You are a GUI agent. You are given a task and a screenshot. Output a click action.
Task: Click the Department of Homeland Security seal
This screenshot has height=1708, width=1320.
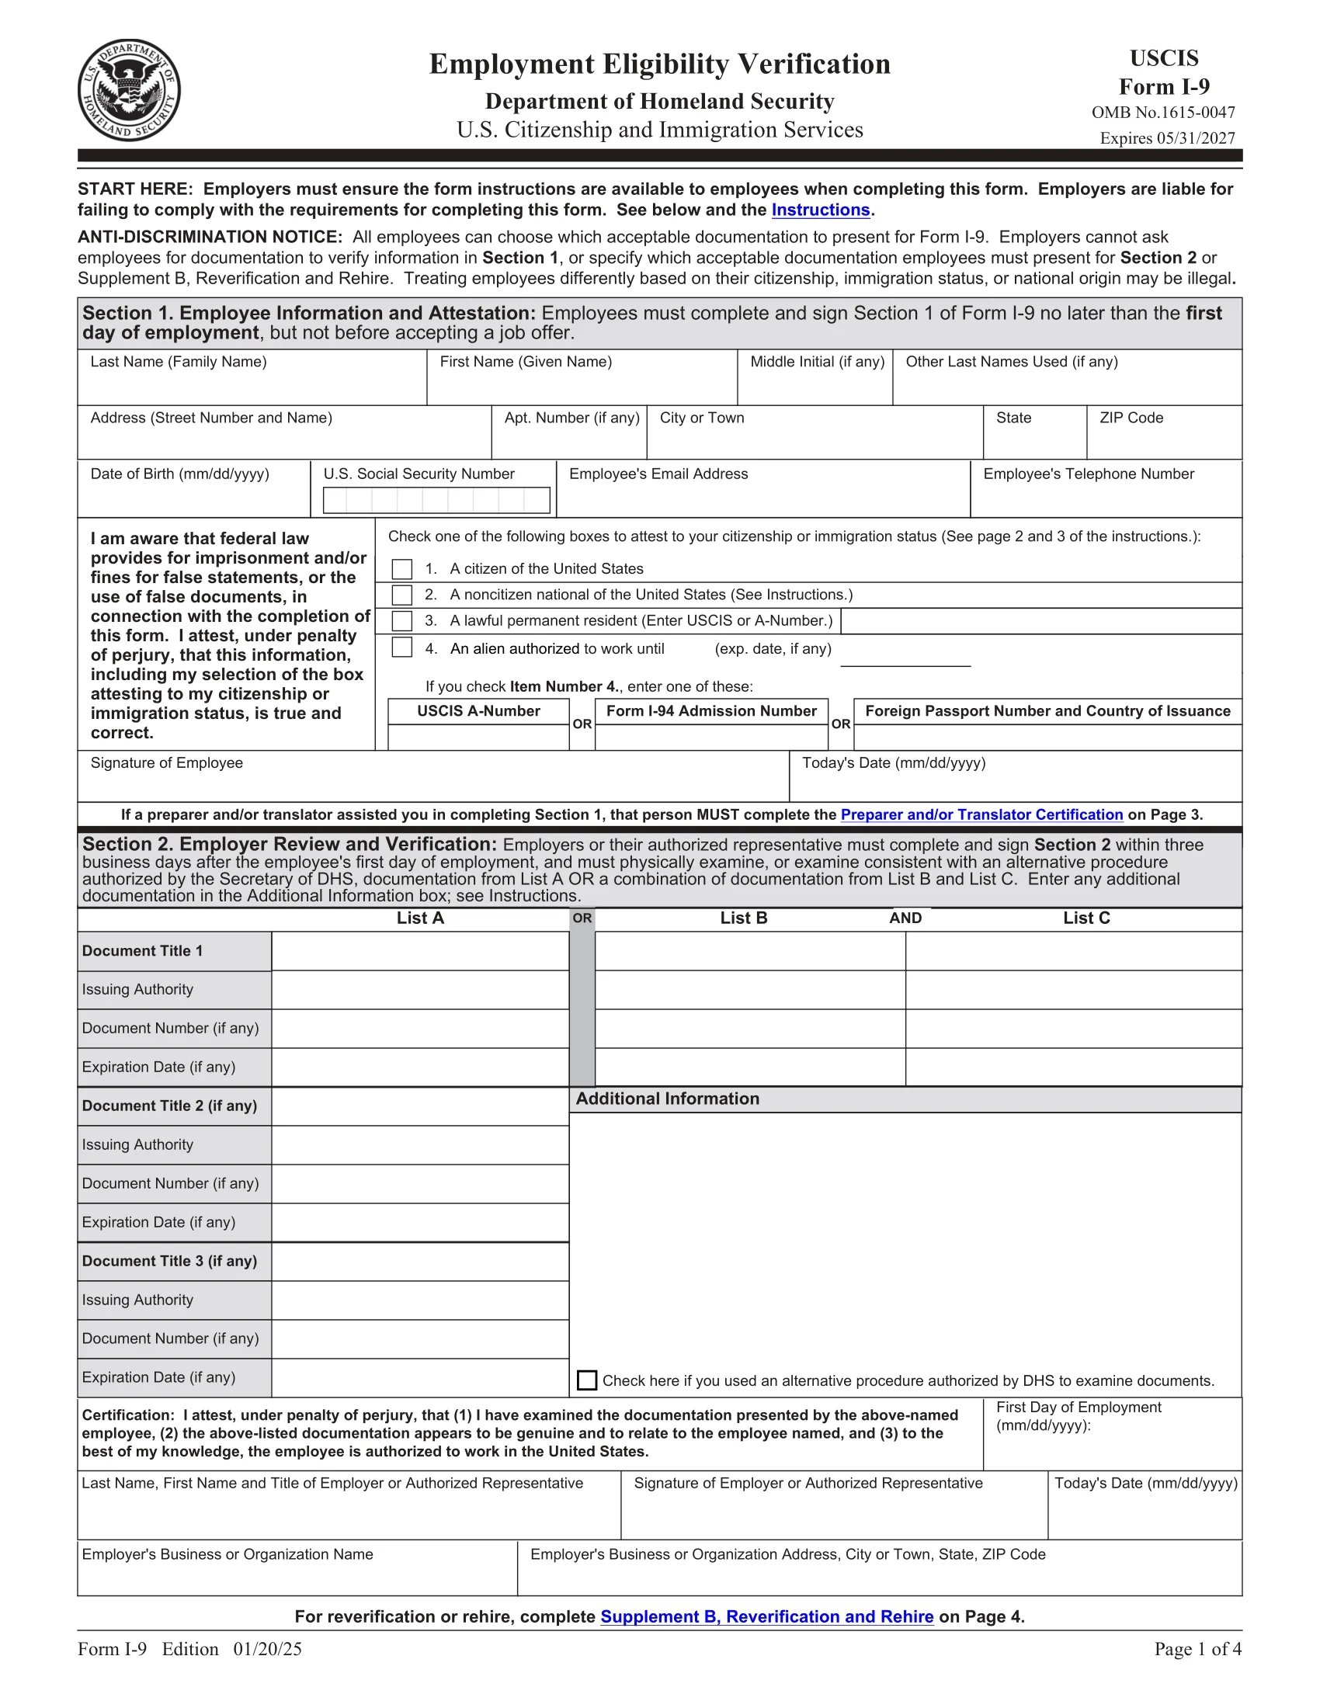coord(129,90)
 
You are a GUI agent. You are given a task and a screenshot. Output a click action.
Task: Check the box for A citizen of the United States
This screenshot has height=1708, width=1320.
coord(402,568)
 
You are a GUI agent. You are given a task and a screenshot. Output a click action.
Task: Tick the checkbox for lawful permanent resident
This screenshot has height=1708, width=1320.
coord(402,621)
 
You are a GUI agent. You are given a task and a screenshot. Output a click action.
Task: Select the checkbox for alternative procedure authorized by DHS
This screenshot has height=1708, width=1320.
coord(586,1380)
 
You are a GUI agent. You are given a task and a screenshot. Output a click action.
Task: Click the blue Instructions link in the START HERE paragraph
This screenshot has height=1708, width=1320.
coord(820,210)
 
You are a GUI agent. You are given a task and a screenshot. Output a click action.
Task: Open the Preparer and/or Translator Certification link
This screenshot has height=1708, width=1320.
coord(981,815)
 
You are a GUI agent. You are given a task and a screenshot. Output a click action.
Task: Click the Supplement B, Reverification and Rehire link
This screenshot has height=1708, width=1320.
coord(766,1616)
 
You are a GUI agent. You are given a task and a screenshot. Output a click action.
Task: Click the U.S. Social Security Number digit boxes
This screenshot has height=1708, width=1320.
coord(436,501)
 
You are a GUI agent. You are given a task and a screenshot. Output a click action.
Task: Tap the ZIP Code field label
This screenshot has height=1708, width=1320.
coord(1131,418)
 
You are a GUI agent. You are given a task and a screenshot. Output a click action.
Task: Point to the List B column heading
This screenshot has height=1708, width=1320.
coord(744,918)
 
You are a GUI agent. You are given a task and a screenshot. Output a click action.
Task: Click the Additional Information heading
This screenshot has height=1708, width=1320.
coord(667,1099)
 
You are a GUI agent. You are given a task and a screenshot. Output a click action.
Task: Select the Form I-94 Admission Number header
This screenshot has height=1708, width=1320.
coord(710,711)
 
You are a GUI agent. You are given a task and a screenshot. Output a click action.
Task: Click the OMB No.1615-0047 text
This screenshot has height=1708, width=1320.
coord(1163,113)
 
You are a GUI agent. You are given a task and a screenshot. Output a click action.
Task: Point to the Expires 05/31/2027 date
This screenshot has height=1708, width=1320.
coord(1167,138)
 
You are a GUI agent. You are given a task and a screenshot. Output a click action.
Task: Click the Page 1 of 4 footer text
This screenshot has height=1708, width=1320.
coord(1197,1649)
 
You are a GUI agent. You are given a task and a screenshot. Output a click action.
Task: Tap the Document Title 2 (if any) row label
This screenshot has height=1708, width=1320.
coord(170,1106)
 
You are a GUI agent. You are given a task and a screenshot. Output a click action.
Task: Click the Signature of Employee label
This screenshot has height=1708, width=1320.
coord(167,763)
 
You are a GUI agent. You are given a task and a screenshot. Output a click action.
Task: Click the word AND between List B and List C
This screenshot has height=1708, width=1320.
coord(905,918)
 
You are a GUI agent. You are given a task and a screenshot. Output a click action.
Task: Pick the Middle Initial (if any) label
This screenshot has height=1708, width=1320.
coord(817,362)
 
